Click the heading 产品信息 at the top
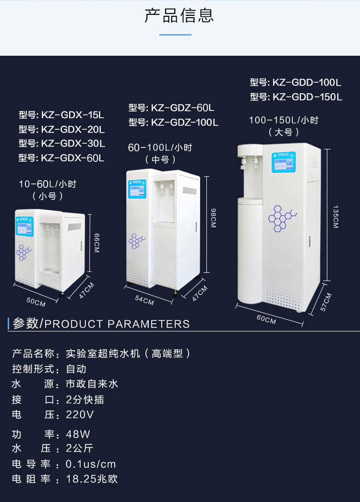click(x=179, y=15)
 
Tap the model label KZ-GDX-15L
click(x=61, y=115)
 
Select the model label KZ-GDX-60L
click(x=61, y=158)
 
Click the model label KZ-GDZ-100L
click(x=173, y=122)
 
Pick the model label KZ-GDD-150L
click(x=296, y=97)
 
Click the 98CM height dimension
click(x=214, y=218)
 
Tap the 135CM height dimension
click(x=335, y=217)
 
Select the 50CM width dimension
click(x=36, y=302)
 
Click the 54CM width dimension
click(x=145, y=301)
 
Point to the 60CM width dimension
click(x=266, y=318)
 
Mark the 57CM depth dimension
click(x=326, y=302)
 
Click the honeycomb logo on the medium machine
click(x=136, y=241)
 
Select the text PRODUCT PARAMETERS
click(x=117, y=324)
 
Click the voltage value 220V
click(x=80, y=414)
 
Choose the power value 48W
click(x=78, y=435)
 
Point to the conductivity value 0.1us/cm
click(x=91, y=465)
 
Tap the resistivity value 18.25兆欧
click(x=92, y=479)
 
